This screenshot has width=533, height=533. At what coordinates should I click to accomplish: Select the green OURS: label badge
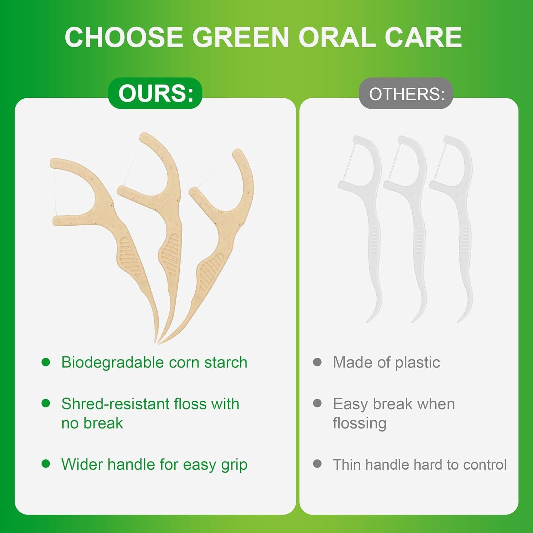click(155, 93)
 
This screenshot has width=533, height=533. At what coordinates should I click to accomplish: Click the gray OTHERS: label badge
click(406, 94)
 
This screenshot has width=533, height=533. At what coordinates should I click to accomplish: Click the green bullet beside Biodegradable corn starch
click(46, 362)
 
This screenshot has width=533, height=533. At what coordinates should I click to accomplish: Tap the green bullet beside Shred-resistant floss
click(46, 403)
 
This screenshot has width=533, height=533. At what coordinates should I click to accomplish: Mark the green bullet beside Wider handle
click(46, 464)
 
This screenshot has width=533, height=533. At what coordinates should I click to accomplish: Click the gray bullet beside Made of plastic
click(317, 362)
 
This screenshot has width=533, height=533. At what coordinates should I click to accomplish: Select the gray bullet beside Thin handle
click(317, 464)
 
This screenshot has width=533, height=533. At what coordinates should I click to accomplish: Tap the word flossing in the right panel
click(359, 424)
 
